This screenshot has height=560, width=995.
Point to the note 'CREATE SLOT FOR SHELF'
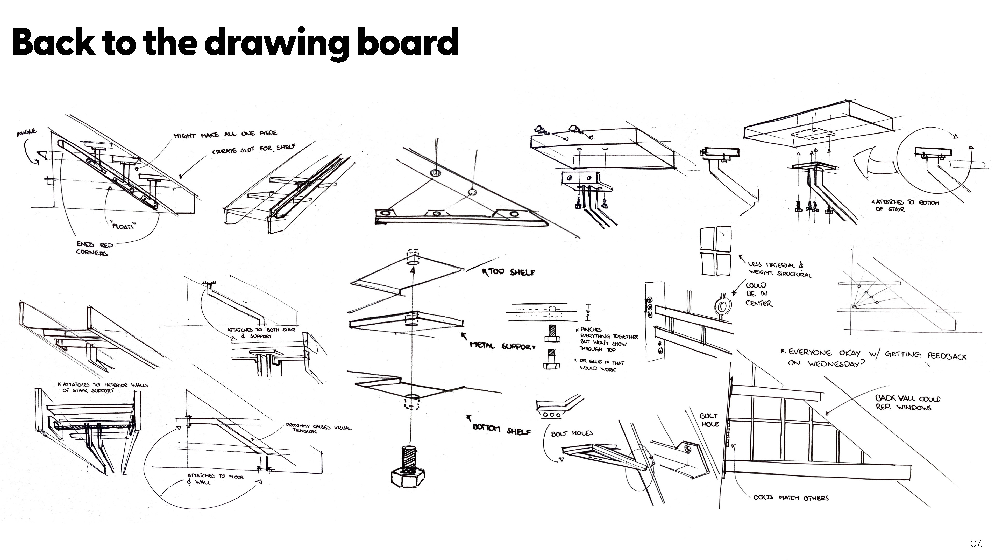254,149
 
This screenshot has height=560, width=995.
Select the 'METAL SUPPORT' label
502,346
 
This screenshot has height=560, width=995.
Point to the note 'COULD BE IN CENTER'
758,294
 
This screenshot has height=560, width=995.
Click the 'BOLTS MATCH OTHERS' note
791,498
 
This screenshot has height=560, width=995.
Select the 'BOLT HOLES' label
572,434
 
